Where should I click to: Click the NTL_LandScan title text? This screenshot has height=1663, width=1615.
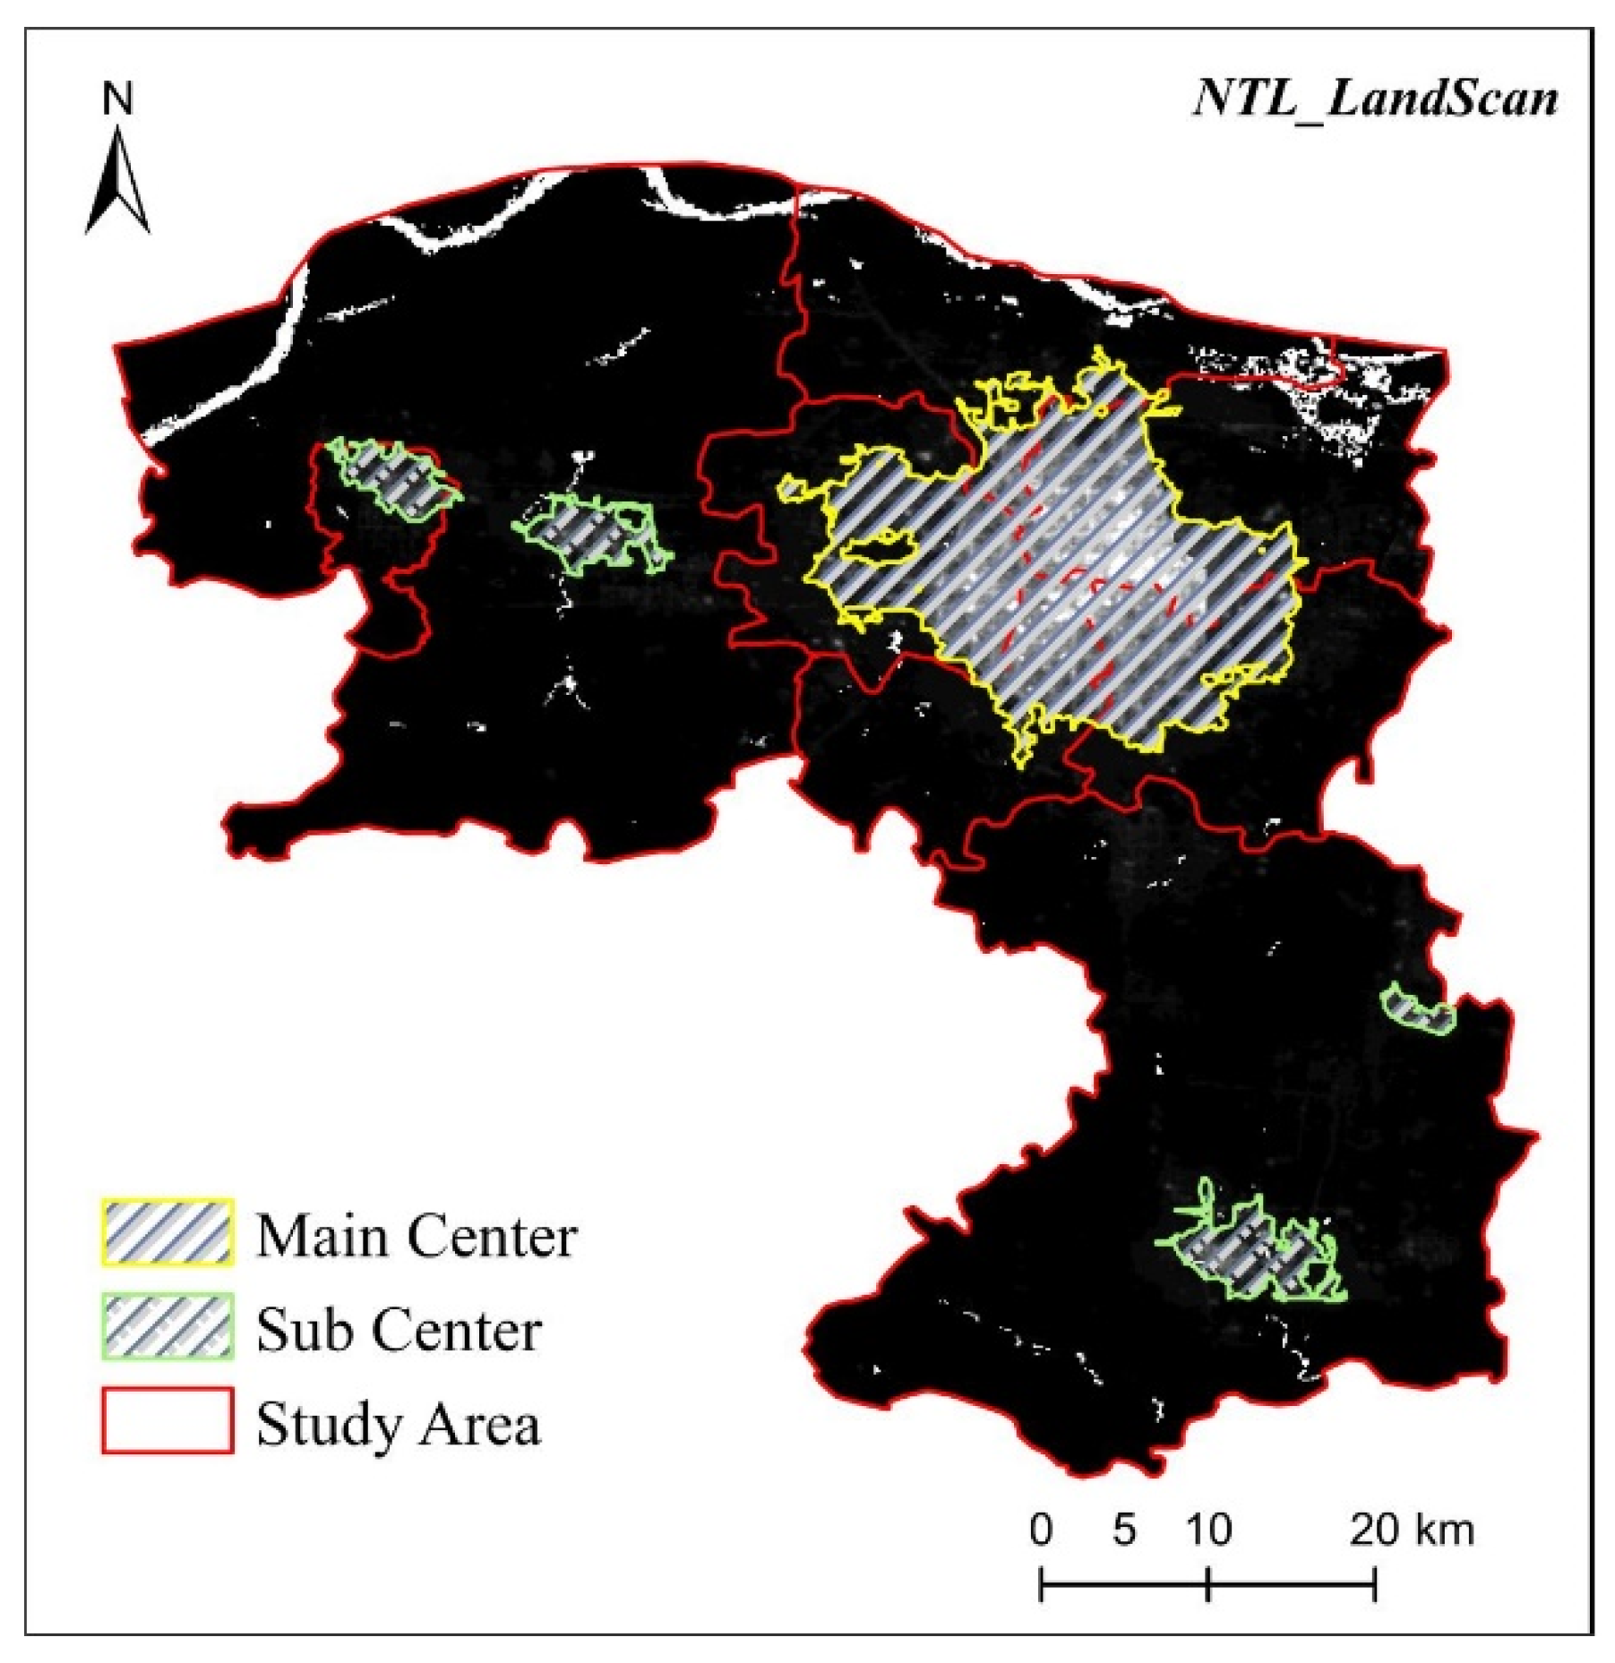1374,98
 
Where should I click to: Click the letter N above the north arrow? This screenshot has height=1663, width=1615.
117,99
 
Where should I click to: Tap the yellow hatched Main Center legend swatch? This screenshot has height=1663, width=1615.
168,1233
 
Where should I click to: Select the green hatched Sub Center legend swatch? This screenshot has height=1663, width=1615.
168,1327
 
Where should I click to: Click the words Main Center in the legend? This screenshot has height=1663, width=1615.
416,1236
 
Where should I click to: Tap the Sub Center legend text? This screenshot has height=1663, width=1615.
399,1329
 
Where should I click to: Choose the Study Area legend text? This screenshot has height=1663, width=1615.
399,1423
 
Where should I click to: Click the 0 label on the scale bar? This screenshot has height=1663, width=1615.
1040,1530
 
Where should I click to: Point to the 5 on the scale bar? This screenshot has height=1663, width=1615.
1124,1530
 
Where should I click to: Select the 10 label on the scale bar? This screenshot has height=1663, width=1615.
1208,1530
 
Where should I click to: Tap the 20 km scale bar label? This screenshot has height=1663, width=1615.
1411,1530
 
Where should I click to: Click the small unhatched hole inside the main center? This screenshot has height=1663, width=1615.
878,549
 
